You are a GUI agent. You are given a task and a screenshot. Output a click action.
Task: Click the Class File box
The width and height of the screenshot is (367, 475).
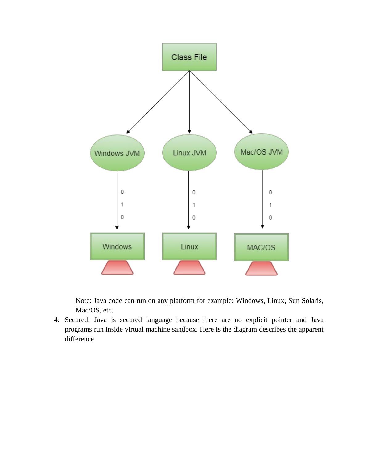[x=189, y=57]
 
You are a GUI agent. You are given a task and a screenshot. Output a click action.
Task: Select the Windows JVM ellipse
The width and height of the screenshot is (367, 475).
[x=117, y=153]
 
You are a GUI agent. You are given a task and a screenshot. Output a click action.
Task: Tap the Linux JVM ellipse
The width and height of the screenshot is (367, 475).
[x=189, y=153]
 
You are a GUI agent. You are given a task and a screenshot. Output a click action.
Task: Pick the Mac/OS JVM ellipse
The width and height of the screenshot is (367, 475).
[x=261, y=152]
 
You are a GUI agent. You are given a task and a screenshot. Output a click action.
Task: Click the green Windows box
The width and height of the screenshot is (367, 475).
[x=117, y=246]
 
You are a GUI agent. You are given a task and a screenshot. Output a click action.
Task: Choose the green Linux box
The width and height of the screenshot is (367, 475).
[x=189, y=246]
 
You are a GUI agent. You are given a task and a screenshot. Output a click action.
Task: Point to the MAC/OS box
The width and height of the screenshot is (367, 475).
[x=261, y=247]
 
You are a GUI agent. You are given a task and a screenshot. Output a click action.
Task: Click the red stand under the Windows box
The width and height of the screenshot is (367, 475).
[x=117, y=267]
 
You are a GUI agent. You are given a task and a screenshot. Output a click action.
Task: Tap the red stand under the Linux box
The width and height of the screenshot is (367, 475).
[x=189, y=267]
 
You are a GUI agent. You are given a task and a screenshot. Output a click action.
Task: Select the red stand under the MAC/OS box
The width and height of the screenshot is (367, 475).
[x=261, y=268]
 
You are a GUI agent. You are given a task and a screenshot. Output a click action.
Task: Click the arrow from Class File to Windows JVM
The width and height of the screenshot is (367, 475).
[x=158, y=102]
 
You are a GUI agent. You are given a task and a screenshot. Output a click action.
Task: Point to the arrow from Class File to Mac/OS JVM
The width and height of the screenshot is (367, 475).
[x=221, y=102]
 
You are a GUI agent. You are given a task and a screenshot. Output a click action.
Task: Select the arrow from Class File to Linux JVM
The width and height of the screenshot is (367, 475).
[x=189, y=102]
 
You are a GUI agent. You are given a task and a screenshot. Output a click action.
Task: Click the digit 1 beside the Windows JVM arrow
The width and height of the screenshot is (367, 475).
[x=122, y=204]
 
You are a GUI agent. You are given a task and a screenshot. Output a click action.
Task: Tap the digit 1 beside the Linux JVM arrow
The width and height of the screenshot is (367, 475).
[x=194, y=205]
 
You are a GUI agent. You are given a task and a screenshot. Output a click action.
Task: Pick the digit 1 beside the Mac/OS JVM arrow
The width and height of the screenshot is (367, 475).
[x=270, y=205]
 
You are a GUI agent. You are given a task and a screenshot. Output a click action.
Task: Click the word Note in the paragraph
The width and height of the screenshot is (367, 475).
[x=83, y=301]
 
